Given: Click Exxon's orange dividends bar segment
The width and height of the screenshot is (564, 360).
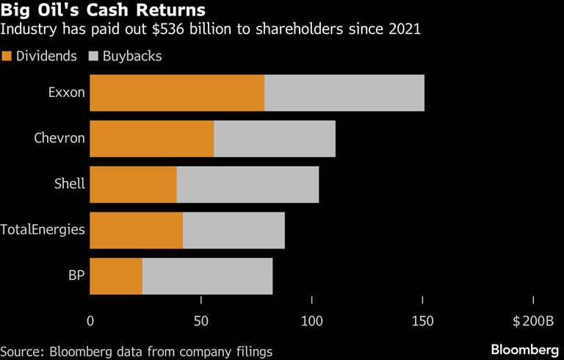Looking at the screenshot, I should [176, 93].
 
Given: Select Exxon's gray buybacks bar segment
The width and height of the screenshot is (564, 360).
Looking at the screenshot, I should [344, 93].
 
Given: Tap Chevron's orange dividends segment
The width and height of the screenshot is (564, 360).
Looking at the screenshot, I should [151, 139].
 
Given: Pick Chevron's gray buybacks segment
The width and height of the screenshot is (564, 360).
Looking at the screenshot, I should [274, 139].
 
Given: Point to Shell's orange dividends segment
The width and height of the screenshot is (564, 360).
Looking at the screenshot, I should [133, 184].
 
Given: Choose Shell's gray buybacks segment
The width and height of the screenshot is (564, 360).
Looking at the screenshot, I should [247, 184].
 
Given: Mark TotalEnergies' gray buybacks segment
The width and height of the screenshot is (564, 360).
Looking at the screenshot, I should [234, 231].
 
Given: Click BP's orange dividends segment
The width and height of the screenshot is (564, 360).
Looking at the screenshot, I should [116, 276].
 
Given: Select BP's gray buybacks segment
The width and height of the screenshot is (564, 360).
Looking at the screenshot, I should [207, 276].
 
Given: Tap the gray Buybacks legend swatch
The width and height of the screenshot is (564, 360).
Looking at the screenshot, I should [93, 56].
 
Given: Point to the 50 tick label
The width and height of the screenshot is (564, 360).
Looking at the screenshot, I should [200, 321].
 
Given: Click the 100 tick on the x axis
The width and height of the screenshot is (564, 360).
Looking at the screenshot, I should [312, 321].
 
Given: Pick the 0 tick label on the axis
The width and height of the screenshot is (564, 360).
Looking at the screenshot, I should [90, 321].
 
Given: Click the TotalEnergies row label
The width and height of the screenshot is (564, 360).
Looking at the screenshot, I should [43, 230].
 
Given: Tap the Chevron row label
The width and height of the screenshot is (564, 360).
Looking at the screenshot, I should [59, 138].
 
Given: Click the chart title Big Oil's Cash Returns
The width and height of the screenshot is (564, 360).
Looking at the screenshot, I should [102, 11].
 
